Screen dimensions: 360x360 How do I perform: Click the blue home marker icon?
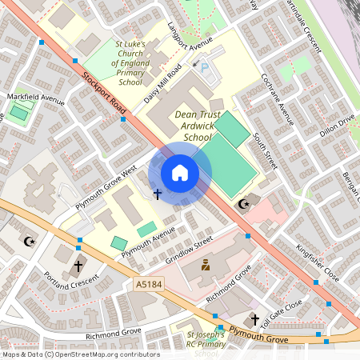pos(180,172)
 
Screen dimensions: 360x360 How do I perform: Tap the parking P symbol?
pos(205,70)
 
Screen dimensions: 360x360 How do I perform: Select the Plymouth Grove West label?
pos(108,190)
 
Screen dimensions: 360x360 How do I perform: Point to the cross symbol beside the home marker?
pos(157,194)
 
